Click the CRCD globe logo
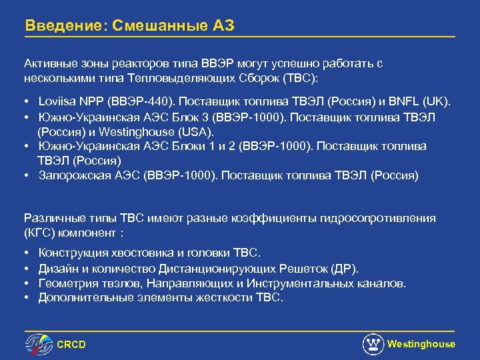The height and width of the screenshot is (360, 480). [x=39, y=343]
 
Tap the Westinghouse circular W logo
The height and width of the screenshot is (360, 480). [x=373, y=344]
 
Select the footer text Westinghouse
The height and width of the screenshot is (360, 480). [x=421, y=344]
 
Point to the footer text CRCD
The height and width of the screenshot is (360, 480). [x=71, y=345]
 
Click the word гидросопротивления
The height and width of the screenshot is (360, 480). [x=378, y=219]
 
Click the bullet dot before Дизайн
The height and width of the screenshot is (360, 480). [x=26, y=269]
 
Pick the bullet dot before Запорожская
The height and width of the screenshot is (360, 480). [x=26, y=175]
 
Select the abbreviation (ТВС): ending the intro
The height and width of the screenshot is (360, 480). [x=301, y=78]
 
